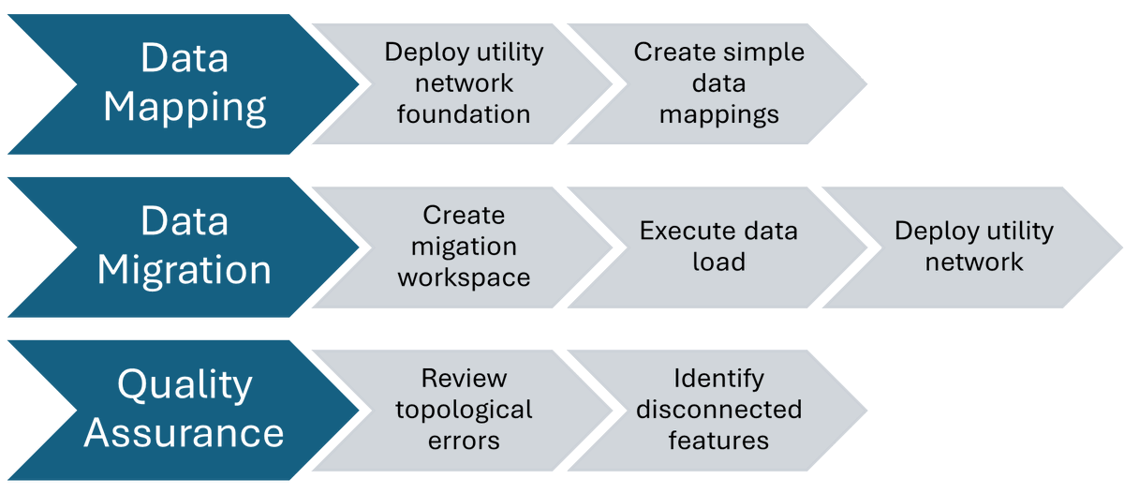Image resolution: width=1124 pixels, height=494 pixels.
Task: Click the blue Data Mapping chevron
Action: coord(185,83)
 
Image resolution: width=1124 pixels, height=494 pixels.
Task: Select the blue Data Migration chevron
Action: coord(185,247)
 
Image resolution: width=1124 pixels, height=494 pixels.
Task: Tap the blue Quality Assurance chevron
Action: coord(185,410)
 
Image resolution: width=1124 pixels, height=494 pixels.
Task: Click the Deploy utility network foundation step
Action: coord(464,83)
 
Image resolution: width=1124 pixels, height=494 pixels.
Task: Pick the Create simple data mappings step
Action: coord(718,83)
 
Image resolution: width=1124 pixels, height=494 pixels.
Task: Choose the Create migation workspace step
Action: coord(464,247)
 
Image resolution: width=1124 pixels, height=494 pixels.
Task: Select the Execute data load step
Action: coord(718,247)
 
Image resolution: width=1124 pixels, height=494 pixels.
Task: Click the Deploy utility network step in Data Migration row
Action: coord(974,247)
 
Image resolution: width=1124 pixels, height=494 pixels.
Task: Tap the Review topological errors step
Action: coord(464,410)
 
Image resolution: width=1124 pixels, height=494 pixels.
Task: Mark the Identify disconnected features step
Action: coord(718,410)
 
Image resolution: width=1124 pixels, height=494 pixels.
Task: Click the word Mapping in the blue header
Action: coord(185,107)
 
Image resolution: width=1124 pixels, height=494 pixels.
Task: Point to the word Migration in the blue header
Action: coord(185,270)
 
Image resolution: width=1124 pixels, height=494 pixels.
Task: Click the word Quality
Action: coord(185,385)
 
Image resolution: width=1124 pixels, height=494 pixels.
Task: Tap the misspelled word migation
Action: coord(464,247)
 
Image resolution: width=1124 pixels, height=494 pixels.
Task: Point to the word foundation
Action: coord(464,114)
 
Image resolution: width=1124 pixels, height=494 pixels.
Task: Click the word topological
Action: coord(464,410)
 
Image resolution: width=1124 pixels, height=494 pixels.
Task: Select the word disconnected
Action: coord(718,410)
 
